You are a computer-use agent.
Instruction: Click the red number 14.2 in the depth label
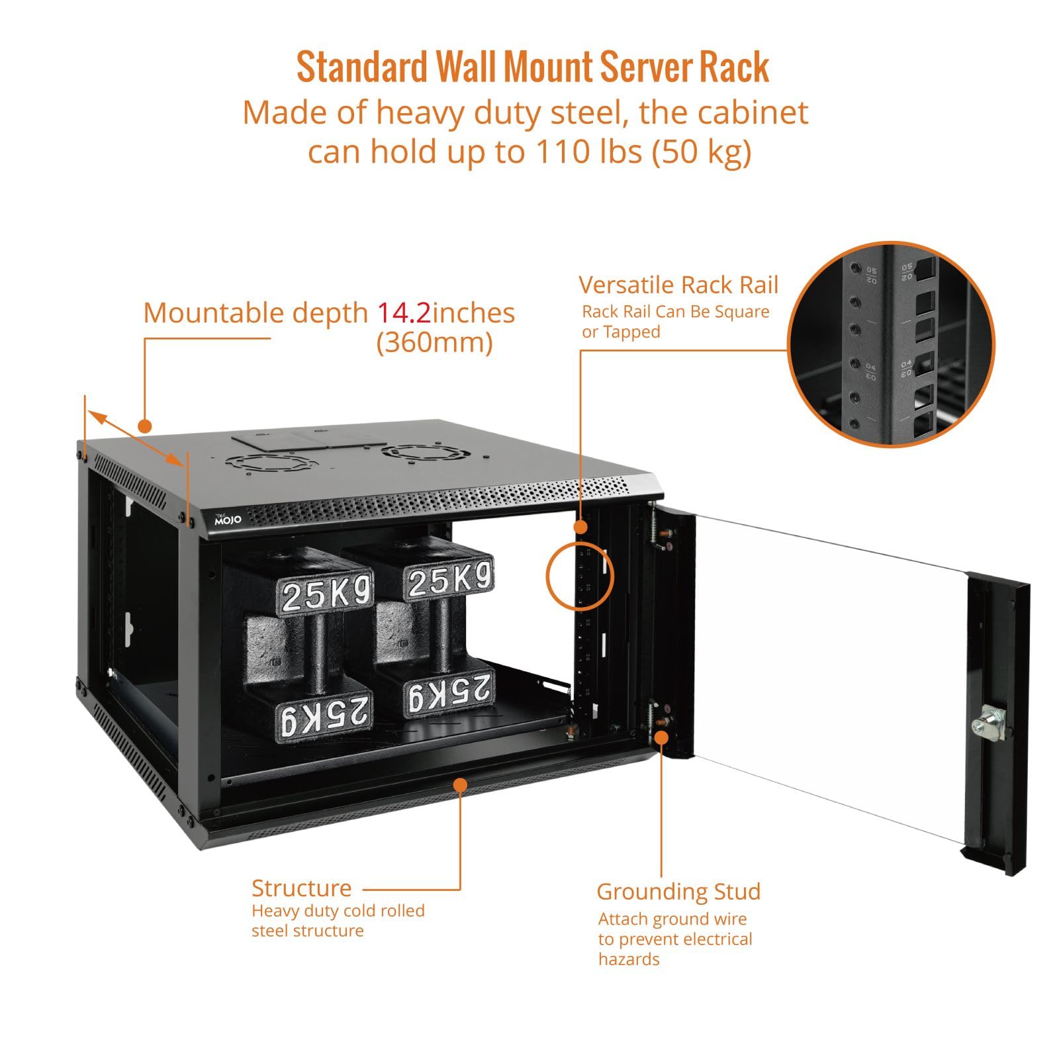point(404,312)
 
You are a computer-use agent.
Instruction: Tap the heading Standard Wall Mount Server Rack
point(533,68)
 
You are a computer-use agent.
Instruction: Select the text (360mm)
point(435,343)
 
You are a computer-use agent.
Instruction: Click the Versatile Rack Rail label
point(678,285)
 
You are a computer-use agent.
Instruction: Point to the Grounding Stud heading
point(678,892)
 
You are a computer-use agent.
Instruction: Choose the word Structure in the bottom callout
point(301,888)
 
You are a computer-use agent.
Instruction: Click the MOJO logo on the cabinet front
point(228,520)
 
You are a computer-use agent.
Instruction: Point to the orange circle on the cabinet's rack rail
point(580,576)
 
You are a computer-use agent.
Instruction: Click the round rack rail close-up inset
point(891,344)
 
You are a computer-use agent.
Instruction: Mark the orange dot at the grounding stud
point(661,737)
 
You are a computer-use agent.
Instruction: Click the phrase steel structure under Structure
point(307,931)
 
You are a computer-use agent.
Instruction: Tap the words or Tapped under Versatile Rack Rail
point(621,332)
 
